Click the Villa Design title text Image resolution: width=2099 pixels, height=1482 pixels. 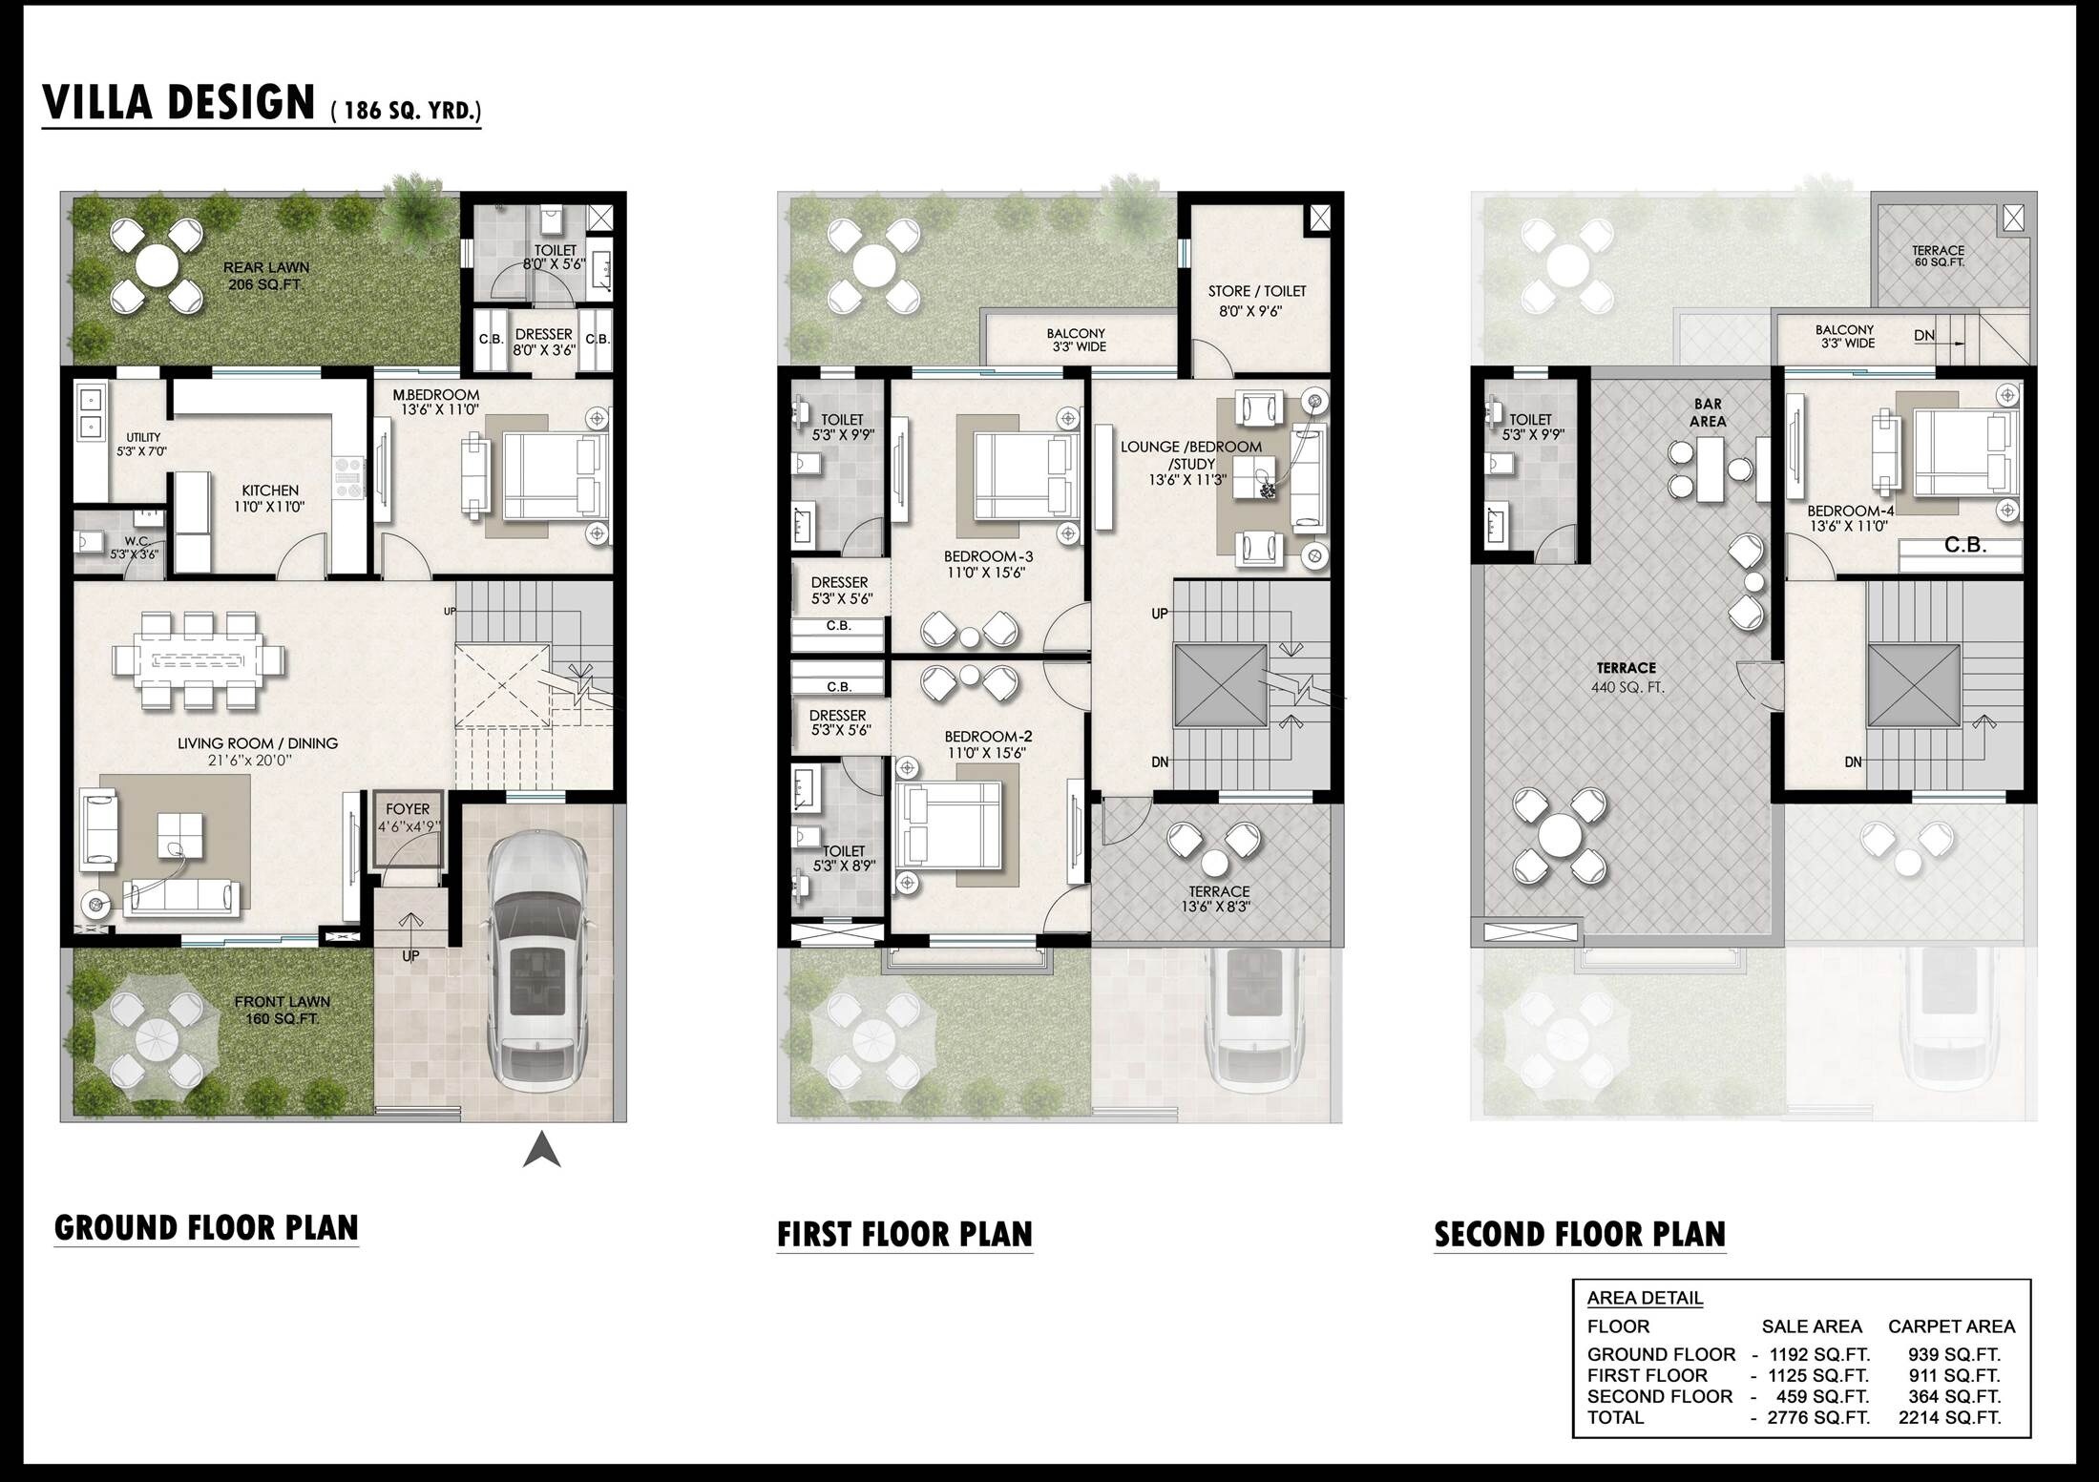coord(179,103)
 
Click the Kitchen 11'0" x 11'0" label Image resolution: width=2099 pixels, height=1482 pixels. coord(270,498)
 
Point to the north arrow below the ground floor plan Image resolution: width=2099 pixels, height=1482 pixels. coord(541,1150)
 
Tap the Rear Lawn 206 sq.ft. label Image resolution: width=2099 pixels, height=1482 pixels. coord(266,276)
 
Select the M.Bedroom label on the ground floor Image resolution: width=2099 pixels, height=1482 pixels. coord(436,402)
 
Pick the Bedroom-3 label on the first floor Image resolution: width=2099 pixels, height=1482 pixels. coord(988,564)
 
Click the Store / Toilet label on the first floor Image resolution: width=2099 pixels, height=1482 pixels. coord(1256,301)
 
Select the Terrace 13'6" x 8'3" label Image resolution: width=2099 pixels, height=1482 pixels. coord(1218,899)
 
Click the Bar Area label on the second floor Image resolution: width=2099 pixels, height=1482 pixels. coord(1708,412)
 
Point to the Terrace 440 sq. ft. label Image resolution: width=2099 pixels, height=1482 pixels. coord(1627,677)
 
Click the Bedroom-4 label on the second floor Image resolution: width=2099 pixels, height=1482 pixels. coord(1849,517)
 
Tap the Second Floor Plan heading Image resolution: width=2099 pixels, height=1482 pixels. coord(1580,1234)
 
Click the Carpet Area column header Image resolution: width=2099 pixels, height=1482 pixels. coord(1951,1326)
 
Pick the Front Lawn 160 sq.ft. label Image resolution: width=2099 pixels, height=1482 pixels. coord(282,1010)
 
